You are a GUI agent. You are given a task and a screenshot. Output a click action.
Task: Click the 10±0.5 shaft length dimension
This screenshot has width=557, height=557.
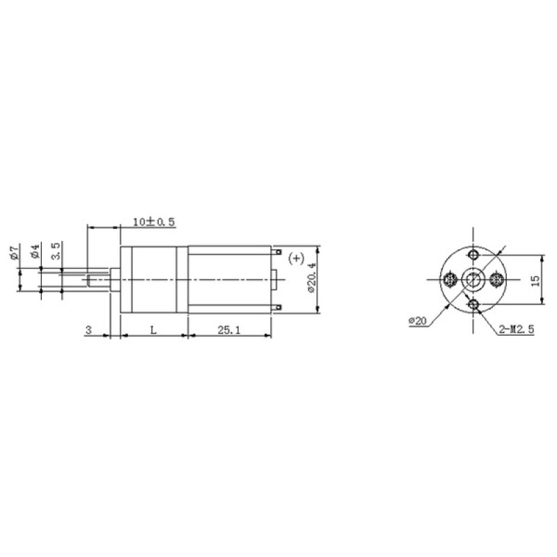tap(154, 222)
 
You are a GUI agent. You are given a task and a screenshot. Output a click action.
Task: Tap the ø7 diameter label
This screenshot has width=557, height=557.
tap(15, 251)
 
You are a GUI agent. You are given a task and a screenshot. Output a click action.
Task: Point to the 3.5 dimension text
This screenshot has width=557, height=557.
tap(56, 251)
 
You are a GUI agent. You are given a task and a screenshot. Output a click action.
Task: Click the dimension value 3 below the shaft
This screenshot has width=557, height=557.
tap(88, 330)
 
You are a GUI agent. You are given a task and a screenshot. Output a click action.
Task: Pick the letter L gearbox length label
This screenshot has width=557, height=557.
tap(153, 330)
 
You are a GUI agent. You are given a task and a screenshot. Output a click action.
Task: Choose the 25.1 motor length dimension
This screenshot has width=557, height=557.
tap(229, 330)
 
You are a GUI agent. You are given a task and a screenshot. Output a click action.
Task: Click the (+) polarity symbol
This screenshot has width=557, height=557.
tap(296, 258)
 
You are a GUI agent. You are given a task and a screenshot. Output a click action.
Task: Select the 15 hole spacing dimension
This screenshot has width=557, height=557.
tap(535, 281)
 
